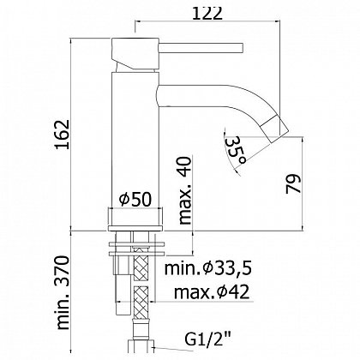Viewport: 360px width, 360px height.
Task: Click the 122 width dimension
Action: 207,13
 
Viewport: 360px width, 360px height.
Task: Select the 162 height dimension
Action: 63,134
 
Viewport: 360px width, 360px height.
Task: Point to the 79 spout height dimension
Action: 293,183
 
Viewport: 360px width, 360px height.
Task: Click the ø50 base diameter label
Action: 135,199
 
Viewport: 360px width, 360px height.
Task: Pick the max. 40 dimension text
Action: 184,190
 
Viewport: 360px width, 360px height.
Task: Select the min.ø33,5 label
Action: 207,268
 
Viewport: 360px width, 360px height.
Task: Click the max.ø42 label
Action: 212,292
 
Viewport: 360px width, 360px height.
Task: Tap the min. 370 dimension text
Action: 63,293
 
